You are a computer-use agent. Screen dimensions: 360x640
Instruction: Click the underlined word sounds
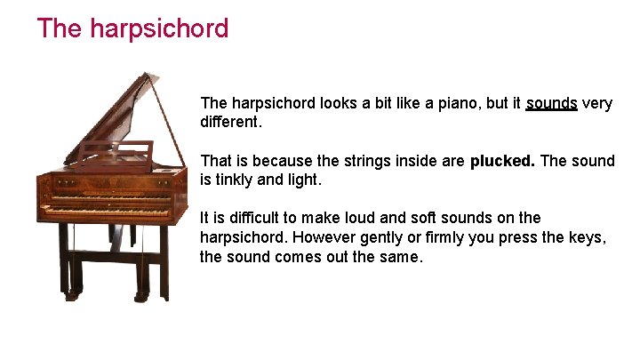click(x=551, y=103)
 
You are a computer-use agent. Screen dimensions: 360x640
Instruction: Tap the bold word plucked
click(x=502, y=161)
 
